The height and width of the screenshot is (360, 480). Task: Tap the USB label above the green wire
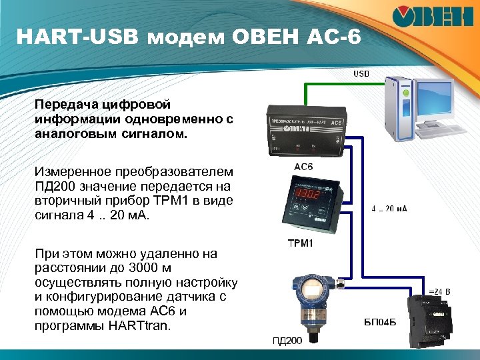361,73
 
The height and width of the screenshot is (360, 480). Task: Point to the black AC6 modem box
304,127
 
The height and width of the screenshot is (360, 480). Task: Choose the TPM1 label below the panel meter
300,243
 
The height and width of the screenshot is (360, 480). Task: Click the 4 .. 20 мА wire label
389,208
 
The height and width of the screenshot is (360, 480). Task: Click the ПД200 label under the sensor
287,341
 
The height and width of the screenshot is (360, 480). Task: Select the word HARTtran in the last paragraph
144,326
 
